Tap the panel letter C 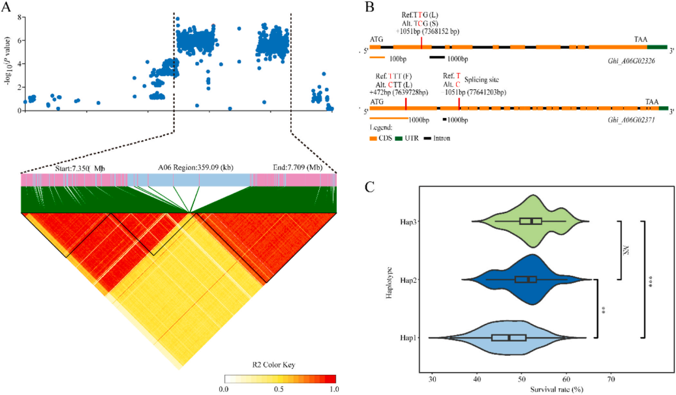click(369, 188)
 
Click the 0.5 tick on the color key click(279, 389)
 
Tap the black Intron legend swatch click(428, 138)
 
